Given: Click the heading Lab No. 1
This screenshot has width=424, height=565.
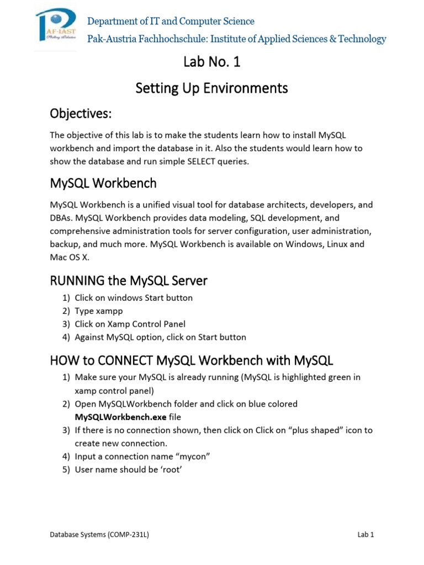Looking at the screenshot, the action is coord(212,62).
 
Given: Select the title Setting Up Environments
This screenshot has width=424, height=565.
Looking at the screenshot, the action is coord(212,88).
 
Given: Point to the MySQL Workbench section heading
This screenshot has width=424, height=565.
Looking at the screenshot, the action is coord(103,183).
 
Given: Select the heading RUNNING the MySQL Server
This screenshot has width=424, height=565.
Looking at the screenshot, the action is coord(129,280).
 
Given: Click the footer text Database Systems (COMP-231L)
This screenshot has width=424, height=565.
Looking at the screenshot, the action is coord(99,535).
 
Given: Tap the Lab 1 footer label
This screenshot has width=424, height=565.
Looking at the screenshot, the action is coord(365,535).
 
